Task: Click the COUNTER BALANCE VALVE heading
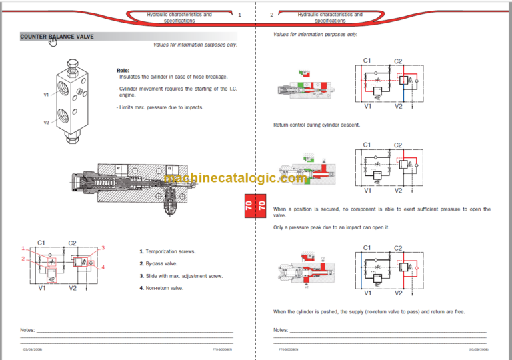(x=57, y=37)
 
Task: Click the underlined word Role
(x=123, y=70)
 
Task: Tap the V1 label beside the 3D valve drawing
(x=47, y=95)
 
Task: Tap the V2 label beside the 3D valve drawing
(x=47, y=123)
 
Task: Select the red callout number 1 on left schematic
(x=23, y=248)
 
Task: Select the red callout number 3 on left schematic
(x=103, y=248)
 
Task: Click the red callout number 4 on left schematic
(x=103, y=267)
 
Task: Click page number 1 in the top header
(x=239, y=14)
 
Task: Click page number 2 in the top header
(x=271, y=14)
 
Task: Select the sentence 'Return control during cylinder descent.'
(x=316, y=125)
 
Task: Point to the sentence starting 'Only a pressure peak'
(x=331, y=227)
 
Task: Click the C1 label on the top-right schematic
(x=367, y=61)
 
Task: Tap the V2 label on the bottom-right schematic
(x=398, y=292)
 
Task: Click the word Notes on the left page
(x=27, y=330)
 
